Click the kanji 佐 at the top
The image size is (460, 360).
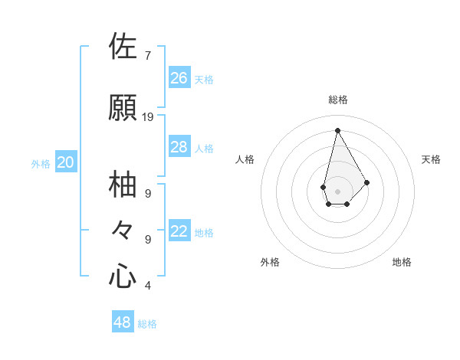pyautogui.click(x=123, y=47)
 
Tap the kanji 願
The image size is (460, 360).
pyautogui.click(x=123, y=108)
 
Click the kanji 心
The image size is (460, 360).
pyautogui.click(x=123, y=277)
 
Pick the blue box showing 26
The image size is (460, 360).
pyautogui.click(x=179, y=77)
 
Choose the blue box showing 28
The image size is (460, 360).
pyautogui.click(x=179, y=147)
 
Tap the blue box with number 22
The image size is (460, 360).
pyautogui.click(x=179, y=231)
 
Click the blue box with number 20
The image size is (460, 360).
pyautogui.click(x=66, y=162)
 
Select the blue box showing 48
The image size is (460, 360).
pyautogui.click(x=123, y=322)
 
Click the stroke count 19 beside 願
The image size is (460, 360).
pyautogui.click(x=148, y=116)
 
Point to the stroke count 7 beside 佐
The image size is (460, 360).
pyautogui.click(x=147, y=55)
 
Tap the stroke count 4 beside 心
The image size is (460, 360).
pyautogui.click(x=147, y=286)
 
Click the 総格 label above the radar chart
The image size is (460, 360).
pyautogui.click(x=338, y=100)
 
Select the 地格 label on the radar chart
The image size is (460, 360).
pyautogui.click(x=402, y=262)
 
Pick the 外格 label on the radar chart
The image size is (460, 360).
pyautogui.click(x=270, y=262)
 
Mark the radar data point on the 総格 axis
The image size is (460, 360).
pyautogui.click(x=337, y=130)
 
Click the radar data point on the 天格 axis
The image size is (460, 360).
pyautogui.click(x=367, y=182)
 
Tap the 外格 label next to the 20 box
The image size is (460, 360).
pyautogui.click(x=41, y=164)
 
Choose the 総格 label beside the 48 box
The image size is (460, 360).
pyautogui.click(x=147, y=324)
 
